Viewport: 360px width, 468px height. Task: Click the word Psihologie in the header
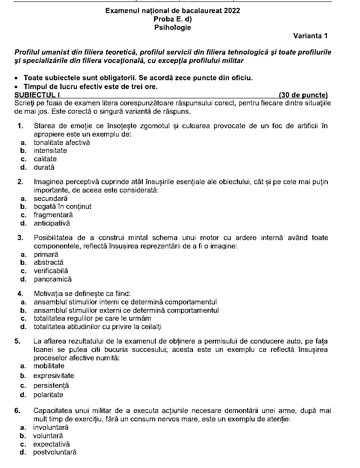(x=173, y=28)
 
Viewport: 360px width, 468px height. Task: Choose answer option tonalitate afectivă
(x=62, y=143)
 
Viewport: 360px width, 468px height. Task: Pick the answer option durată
(x=44, y=167)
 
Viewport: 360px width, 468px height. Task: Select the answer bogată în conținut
(x=62, y=206)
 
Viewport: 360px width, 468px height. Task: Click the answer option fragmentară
(x=53, y=215)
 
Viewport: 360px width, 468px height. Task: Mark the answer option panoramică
(x=53, y=279)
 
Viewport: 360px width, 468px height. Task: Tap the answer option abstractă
(x=48, y=262)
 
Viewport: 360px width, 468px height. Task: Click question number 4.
(x=20, y=294)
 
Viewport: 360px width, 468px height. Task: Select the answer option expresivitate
(x=54, y=376)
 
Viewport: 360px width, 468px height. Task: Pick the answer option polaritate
(x=48, y=395)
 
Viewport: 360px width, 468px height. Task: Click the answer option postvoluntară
(x=55, y=452)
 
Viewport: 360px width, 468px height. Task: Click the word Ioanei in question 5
(x=43, y=350)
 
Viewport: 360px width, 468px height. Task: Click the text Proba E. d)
(x=173, y=19)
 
